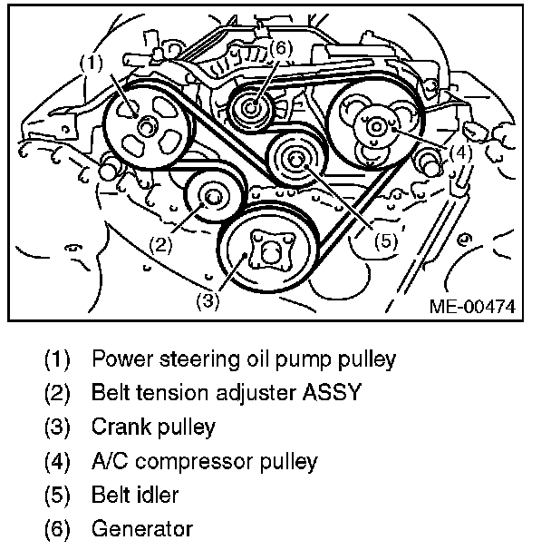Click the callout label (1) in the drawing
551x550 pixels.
tap(91, 63)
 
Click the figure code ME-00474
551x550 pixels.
tap(471, 307)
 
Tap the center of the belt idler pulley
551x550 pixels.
tap(295, 161)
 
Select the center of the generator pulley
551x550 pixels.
tap(251, 111)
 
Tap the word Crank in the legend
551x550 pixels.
tap(114, 427)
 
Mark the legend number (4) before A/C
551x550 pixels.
tap(56, 461)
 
